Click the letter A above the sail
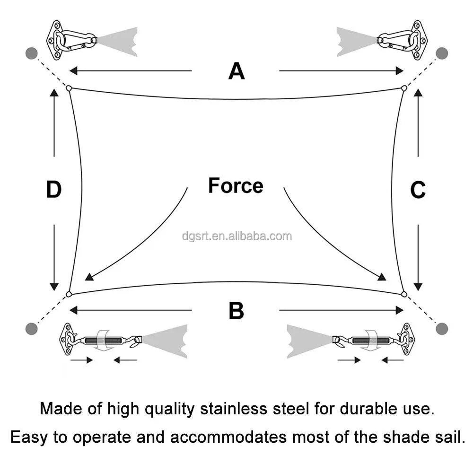coord(236,71)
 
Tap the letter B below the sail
coord(236,311)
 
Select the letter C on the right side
coord(418,190)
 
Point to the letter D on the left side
coord(54,190)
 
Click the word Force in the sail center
coord(236,185)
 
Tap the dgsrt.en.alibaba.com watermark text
coord(236,236)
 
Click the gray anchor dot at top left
coord(32,53)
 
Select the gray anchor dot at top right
coord(442,53)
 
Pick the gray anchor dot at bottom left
coord(32,328)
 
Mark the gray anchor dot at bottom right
coord(442,328)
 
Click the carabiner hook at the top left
coord(76,41)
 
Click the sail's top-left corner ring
coord(69,88)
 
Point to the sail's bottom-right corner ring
coord(403,294)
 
